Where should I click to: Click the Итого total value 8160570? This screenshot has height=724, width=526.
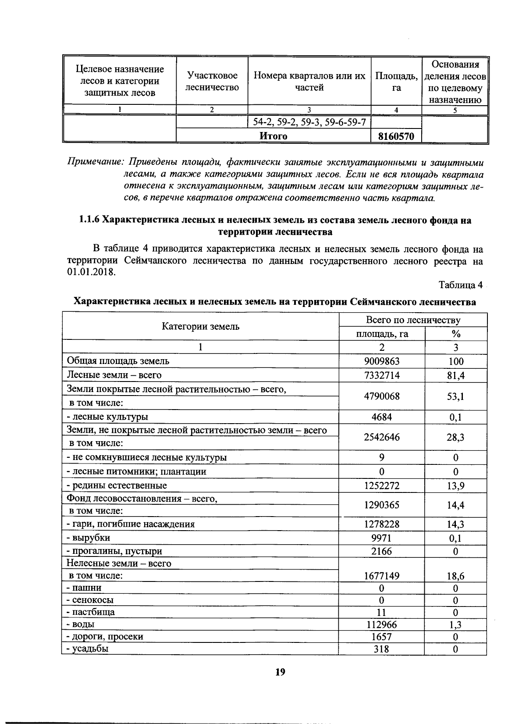pyautogui.click(x=396, y=136)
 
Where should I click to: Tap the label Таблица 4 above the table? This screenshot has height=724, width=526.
pyautogui.click(x=460, y=285)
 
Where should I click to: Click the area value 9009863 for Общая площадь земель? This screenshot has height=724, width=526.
pyautogui.click(x=382, y=361)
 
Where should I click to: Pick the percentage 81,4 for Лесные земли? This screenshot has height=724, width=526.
pyautogui.click(x=455, y=375)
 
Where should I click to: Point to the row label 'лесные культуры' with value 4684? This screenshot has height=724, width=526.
pyautogui.click(x=107, y=417)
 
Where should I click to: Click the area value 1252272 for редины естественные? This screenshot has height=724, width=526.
pyautogui.click(x=382, y=485)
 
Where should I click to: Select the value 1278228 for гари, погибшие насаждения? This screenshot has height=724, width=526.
pyautogui.click(x=382, y=524)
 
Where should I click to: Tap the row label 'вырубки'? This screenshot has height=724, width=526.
pyautogui.click(x=88, y=538)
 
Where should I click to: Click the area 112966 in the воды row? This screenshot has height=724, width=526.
pyautogui.click(x=381, y=624)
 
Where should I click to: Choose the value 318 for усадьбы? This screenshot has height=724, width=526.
pyautogui.click(x=381, y=649)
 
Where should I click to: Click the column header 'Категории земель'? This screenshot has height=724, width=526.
pyautogui.click(x=201, y=326)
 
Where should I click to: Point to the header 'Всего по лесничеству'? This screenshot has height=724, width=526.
pyautogui.click(x=413, y=320)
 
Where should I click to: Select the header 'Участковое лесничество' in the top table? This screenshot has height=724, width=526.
pyautogui.click(x=212, y=82)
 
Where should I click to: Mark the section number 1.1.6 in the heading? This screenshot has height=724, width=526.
pyautogui.click(x=90, y=220)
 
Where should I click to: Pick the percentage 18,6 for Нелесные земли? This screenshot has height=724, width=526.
pyautogui.click(x=455, y=576)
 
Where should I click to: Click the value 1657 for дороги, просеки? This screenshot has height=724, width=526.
pyautogui.click(x=381, y=636)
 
